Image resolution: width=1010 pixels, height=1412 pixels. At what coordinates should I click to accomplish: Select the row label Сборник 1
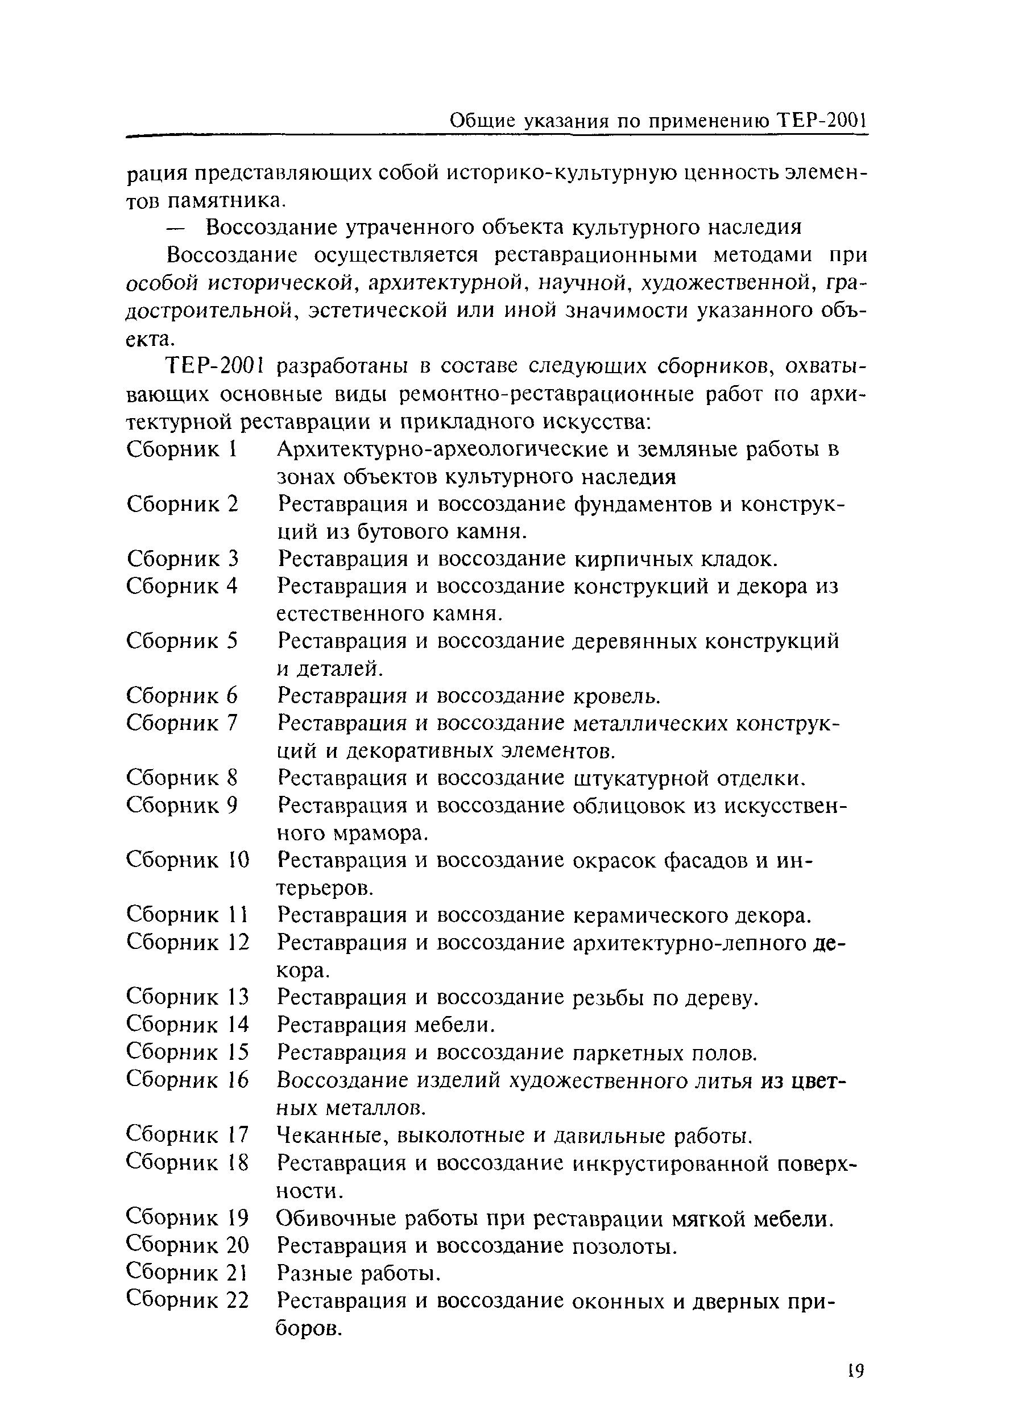click(x=182, y=449)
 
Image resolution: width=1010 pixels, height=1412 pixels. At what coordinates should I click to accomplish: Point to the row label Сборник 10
click(x=187, y=860)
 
